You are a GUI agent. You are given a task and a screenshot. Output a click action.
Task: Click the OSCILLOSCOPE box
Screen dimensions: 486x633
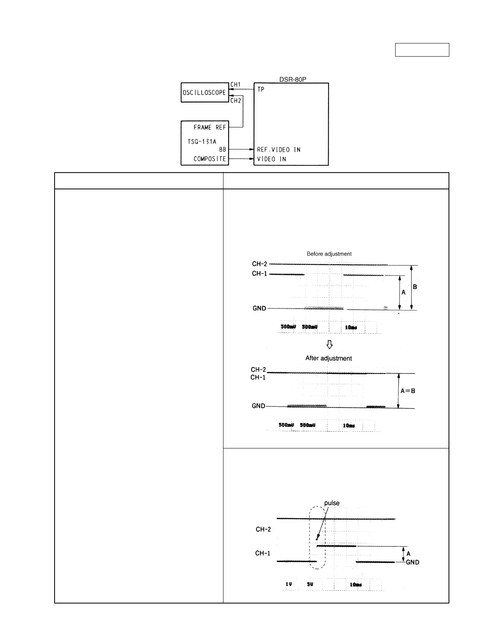click(204, 92)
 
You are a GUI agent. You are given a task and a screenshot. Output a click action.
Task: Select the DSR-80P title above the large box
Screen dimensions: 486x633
click(293, 79)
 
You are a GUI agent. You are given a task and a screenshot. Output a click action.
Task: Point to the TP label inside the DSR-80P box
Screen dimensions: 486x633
click(261, 89)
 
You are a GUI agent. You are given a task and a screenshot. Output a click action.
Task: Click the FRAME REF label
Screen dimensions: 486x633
click(210, 128)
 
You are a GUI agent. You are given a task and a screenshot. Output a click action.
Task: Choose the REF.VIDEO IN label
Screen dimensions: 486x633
click(278, 150)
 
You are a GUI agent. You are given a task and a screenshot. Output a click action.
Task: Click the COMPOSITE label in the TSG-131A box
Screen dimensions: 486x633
click(210, 159)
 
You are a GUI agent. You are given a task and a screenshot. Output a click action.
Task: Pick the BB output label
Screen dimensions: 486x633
click(223, 150)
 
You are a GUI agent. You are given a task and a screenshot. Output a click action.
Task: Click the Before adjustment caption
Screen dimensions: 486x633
click(329, 254)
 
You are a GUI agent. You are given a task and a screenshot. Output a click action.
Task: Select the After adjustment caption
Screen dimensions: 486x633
click(329, 358)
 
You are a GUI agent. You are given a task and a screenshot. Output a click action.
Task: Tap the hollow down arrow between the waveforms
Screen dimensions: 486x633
click(329, 344)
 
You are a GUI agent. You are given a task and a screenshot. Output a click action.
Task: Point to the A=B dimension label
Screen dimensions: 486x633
click(408, 391)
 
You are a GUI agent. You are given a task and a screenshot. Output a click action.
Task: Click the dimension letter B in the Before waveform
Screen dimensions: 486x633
click(415, 287)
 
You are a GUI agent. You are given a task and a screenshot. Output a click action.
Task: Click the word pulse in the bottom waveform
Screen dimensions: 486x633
click(332, 503)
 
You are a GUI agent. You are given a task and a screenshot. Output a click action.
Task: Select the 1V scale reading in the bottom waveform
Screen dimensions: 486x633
click(289, 584)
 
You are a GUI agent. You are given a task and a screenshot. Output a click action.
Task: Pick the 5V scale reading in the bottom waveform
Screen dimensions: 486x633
click(310, 584)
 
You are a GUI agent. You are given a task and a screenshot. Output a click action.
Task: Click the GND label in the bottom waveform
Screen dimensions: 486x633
click(412, 562)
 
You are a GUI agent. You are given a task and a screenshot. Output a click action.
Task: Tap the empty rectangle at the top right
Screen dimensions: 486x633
click(422, 50)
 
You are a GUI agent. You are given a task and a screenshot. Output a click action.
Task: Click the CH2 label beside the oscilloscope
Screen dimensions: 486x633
click(236, 100)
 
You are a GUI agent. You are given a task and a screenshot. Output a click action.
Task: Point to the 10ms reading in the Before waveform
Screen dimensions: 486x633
click(351, 327)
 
